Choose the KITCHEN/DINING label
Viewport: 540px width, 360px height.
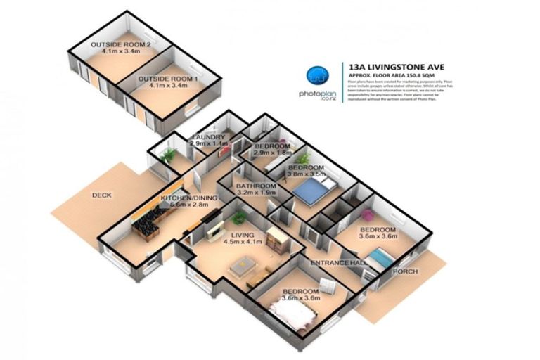click(188, 198)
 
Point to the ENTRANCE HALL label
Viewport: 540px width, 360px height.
click(340, 262)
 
